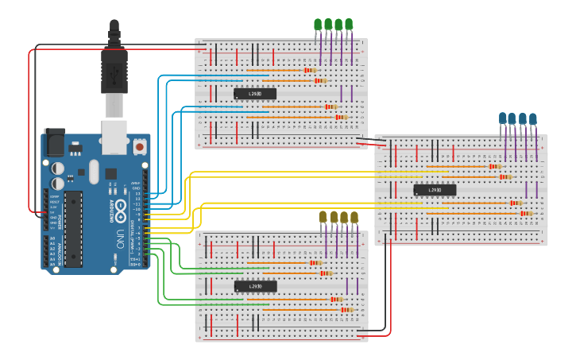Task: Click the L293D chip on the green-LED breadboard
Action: [255, 94]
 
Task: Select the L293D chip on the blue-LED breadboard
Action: [435, 190]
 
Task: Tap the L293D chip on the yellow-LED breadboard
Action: [255, 286]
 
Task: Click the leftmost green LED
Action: [319, 25]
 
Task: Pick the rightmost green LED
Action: [349, 25]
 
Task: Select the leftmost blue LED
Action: [503, 118]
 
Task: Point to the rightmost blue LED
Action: [533, 118]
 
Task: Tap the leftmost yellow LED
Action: [323, 217]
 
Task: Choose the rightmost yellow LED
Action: [354, 217]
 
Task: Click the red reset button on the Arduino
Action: [140, 147]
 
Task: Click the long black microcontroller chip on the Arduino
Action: [73, 226]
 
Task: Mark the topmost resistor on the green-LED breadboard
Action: [309, 70]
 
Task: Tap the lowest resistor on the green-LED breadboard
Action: [340, 117]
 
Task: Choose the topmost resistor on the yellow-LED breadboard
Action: [315, 262]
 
